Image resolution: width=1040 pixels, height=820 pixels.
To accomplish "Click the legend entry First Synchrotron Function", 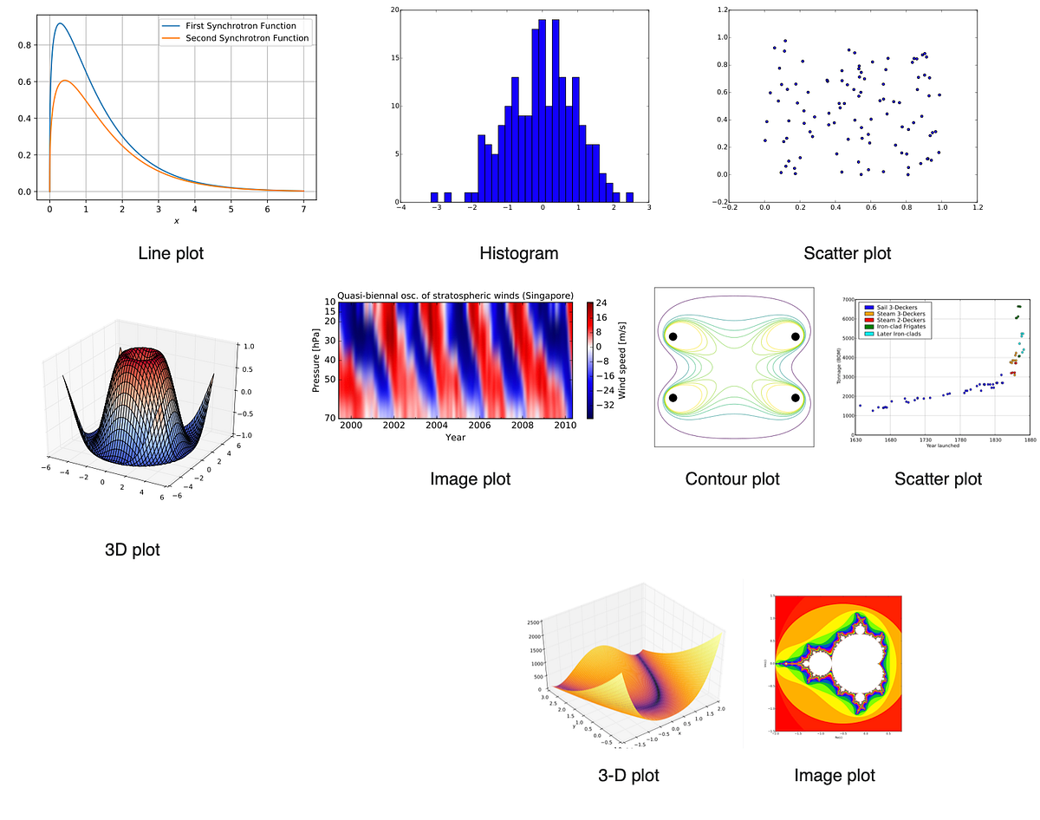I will click(234, 26).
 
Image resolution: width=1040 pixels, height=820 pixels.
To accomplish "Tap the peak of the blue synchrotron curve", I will click(60, 24).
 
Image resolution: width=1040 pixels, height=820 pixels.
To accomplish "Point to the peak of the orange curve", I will click(66, 81).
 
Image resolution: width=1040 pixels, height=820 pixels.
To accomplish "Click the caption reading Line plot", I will click(171, 254).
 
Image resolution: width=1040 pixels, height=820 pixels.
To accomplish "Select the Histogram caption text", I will click(518, 254).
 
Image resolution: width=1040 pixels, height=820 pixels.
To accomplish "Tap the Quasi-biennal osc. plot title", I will click(455, 296).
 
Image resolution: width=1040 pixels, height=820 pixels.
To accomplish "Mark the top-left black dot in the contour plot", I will click(673, 337).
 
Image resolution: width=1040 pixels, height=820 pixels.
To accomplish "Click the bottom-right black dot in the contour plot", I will click(795, 397).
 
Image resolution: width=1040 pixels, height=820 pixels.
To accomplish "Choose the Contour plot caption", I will click(732, 479).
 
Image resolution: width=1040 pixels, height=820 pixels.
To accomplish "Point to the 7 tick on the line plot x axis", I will click(303, 209).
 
